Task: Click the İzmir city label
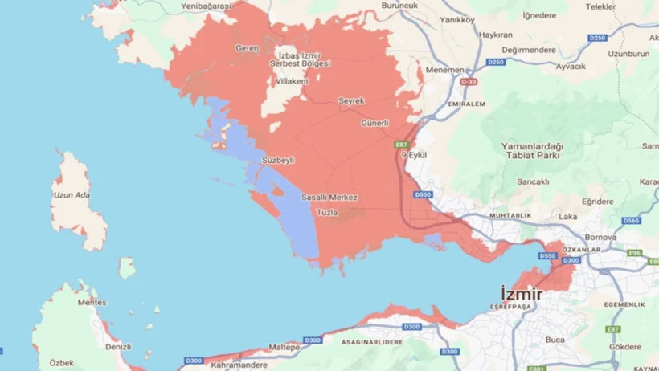click(x=521, y=293)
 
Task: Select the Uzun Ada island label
click(x=71, y=195)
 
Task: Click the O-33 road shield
click(x=469, y=82)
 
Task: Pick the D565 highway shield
click(x=631, y=221)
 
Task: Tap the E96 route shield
click(x=635, y=252)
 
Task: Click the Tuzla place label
click(x=328, y=213)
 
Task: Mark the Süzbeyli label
click(x=278, y=161)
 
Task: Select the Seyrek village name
click(x=351, y=101)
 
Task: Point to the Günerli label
click(x=375, y=124)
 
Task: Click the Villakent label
click(x=292, y=82)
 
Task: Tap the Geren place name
click(x=247, y=48)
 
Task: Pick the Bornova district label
click(x=600, y=238)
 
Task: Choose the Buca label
click(x=555, y=340)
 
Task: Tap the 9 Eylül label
click(x=412, y=154)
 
